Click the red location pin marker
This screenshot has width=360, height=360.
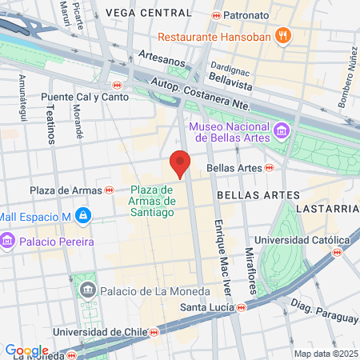[180, 165]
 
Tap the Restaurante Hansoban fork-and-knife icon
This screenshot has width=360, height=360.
[282, 36]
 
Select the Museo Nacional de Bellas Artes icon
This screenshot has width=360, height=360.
[281, 130]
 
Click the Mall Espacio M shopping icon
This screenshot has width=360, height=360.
[82, 215]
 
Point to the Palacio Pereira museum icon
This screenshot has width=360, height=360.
[8, 241]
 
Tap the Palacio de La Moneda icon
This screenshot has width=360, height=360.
[88, 290]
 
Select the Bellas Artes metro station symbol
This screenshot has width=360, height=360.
[270, 168]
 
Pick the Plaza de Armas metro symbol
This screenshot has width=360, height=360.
[109, 190]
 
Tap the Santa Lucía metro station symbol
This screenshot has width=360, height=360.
[241, 306]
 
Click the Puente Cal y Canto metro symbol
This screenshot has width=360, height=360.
[117, 85]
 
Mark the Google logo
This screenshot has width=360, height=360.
[26, 350]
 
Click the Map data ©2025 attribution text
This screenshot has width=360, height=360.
[326, 354]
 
